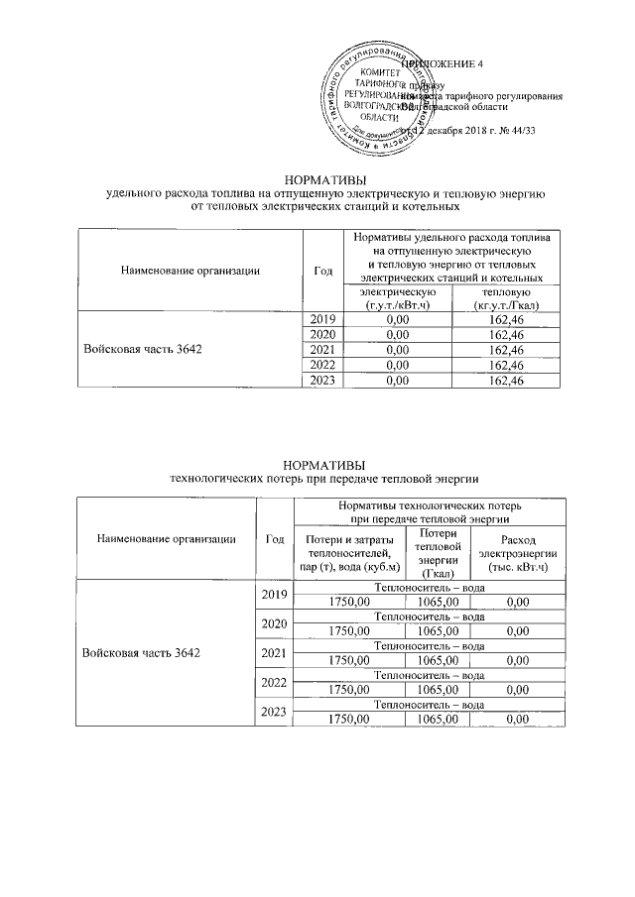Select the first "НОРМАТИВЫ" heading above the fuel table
click(x=325, y=179)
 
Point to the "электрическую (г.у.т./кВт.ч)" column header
click(x=397, y=298)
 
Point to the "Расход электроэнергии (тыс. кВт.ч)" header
click(x=518, y=553)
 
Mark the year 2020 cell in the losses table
click(x=274, y=624)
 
